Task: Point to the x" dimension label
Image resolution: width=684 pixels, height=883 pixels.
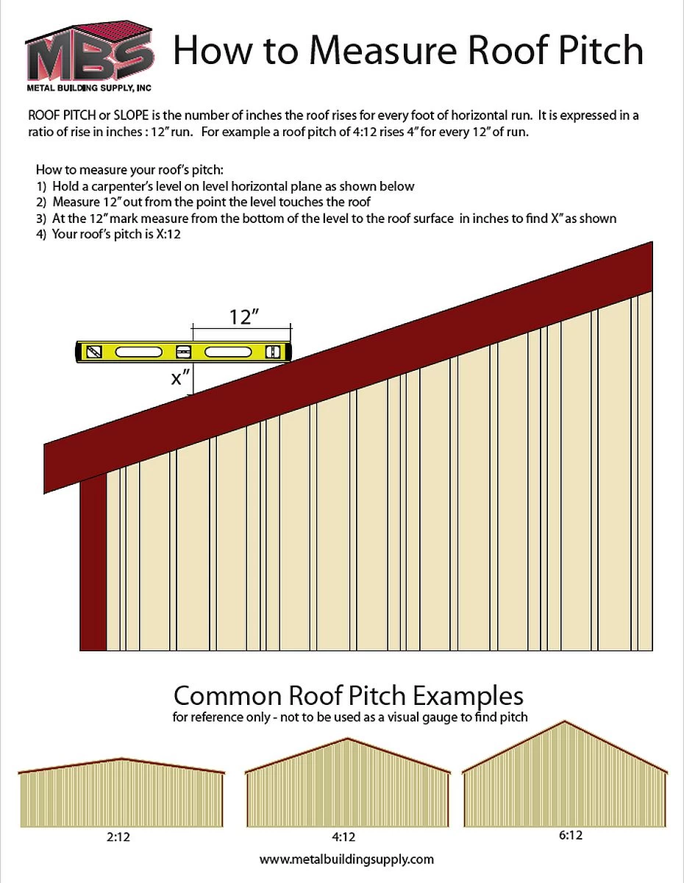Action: pyautogui.click(x=181, y=378)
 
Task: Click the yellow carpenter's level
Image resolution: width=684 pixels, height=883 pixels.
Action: pyautogui.click(x=185, y=352)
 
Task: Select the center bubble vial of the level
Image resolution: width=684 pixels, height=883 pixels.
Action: pyautogui.click(x=184, y=352)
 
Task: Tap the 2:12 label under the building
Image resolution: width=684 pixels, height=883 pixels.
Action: pyautogui.click(x=121, y=835)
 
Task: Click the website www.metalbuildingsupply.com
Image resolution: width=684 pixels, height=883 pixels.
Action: pyautogui.click(x=346, y=859)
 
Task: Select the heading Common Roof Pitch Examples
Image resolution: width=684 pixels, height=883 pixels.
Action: pyautogui.click(x=348, y=695)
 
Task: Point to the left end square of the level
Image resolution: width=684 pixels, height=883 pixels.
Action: pyautogui.click(x=93, y=352)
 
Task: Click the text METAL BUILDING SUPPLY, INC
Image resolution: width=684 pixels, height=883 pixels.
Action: pyautogui.click(x=89, y=88)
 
